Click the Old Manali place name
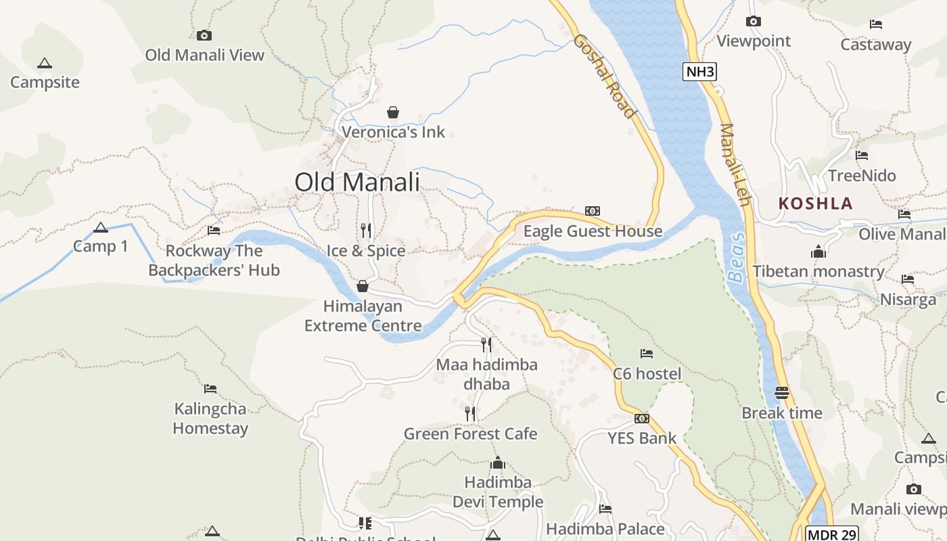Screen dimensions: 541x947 click(x=357, y=182)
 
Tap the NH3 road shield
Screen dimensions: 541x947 click(x=699, y=72)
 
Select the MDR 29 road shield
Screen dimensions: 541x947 click(x=832, y=534)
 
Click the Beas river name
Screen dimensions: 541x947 click(x=737, y=258)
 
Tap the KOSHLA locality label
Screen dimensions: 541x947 click(x=815, y=204)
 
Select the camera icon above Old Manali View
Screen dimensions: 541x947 click(x=204, y=35)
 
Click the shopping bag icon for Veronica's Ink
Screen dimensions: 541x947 click(x=392, y=112)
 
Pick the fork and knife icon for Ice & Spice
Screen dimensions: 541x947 click(x=366, y=231)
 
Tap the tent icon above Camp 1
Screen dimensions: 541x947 click(x=101, y=228)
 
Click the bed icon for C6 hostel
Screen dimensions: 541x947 click(x=647, y=353)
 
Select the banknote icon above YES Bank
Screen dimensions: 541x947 click(x=641, y=419)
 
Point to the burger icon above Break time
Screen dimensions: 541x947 click(x=782, y=393)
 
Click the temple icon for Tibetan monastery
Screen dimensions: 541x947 click(x=818, y=252)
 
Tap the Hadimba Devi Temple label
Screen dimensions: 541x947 click(x=498, y=492)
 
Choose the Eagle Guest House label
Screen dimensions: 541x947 click(x=593, y=231)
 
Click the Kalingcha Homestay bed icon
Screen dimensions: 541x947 click(x=210, y=389)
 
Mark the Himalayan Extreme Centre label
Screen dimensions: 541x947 click(x=363, y=316)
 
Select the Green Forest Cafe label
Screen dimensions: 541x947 click(x=470, y=434)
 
